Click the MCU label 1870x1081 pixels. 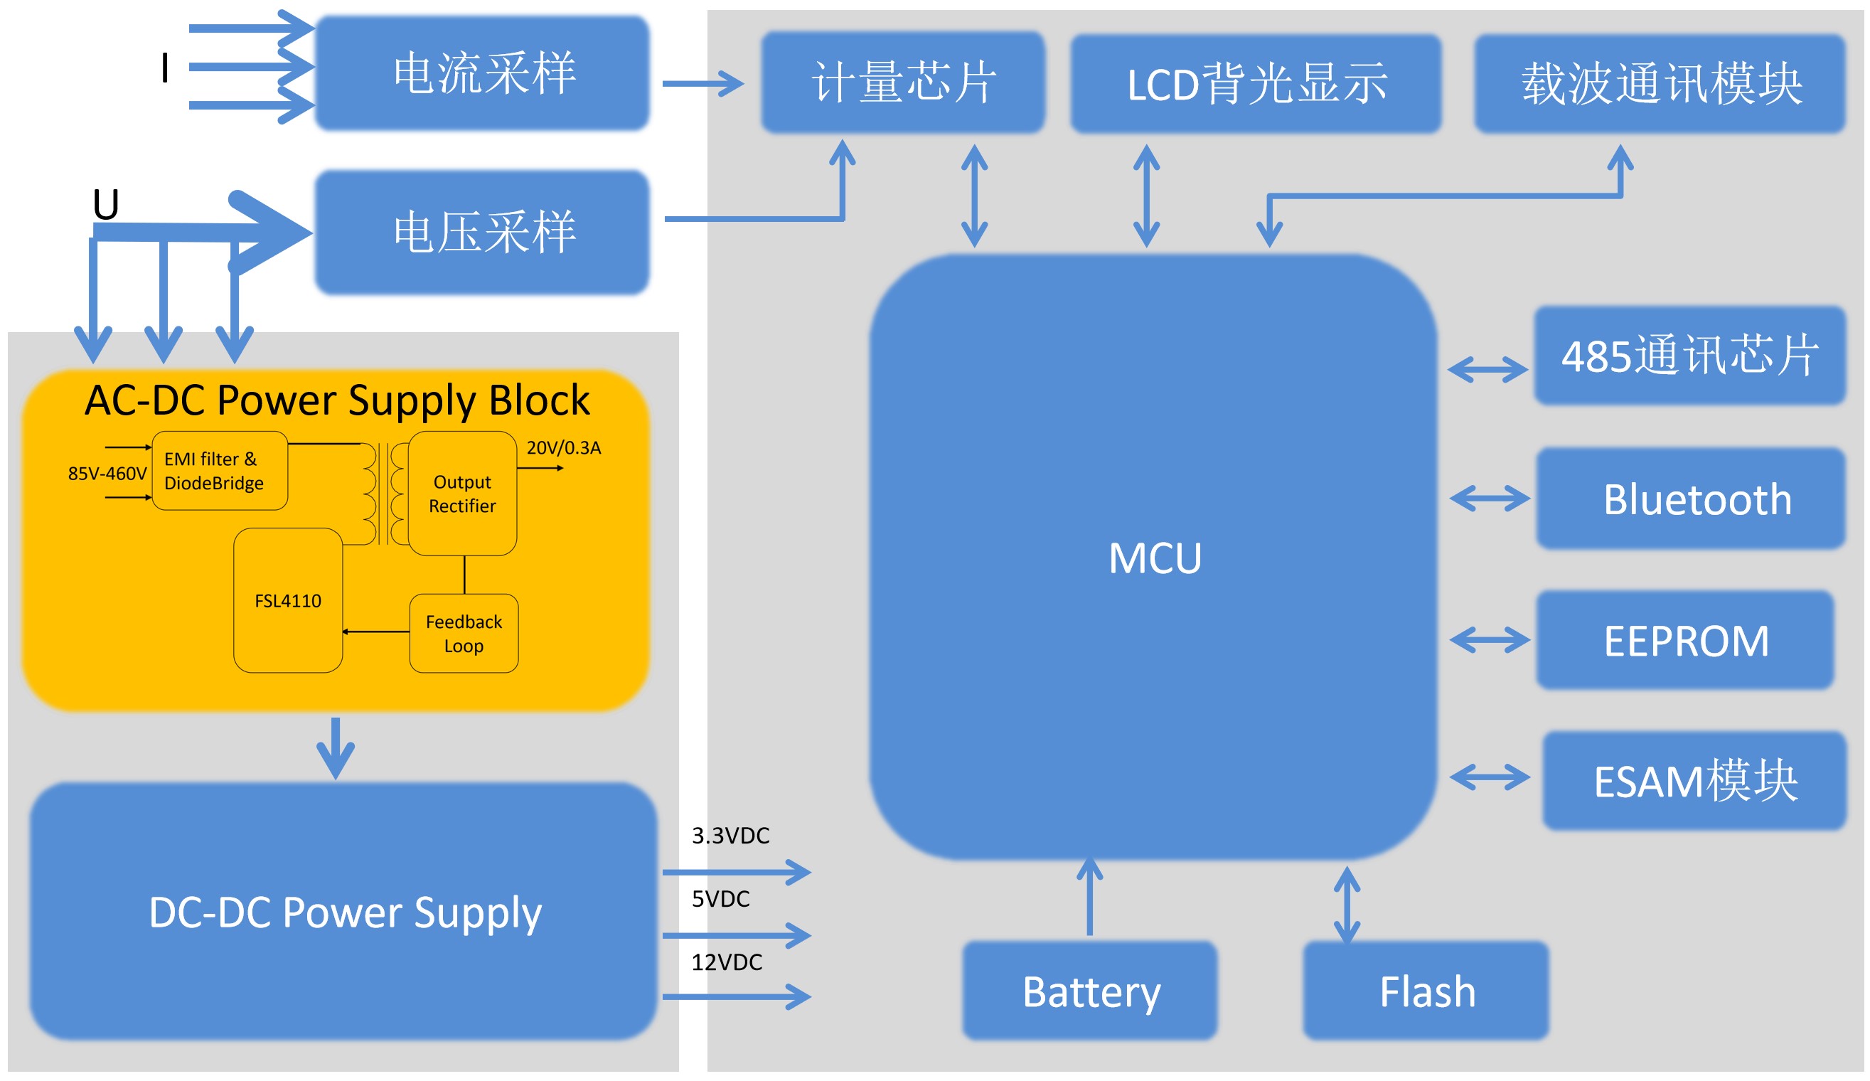pyautogui.click(x=1155, y=558)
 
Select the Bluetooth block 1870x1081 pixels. pyautogui.click(x=1690, y=499)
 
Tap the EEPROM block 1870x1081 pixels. pyautogui.click(x=1684, y=641)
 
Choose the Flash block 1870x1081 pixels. pyautogui.click(x=1426, y=991)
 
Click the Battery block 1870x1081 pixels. pyautogui.click(x=1090, y=991)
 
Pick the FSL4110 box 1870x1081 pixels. pyautogui.click(x=288, y=601)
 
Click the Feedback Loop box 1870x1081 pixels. pyautogui.click(x=464, y=633)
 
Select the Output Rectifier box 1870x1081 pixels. pyautogui.click(x=462, y=494)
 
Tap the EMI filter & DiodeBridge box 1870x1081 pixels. pyautogui.click(x=220, y=471)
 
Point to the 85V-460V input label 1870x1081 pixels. pyautogui.click(x=107, y=474)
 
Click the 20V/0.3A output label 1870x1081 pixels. pyautogui.click(x=563, y=448)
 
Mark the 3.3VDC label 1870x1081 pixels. pyautogui.click(x=730, y=836)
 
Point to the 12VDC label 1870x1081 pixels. pyautogui.click(x=727, y=963)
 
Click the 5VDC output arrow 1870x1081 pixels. pyautogui.click(x=736, y=934)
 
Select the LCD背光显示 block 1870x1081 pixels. pyautogui.click(x=1256, y=84)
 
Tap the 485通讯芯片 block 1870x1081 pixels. pyautogui.click(x=1689, y=356)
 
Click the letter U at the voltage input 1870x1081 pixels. pyautogui.click(x=105, y=204)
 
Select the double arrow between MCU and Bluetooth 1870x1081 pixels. pyautogui.click(x=1489, y=498)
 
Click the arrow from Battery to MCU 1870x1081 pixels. pyautogui.click(x=1089, y=897)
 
